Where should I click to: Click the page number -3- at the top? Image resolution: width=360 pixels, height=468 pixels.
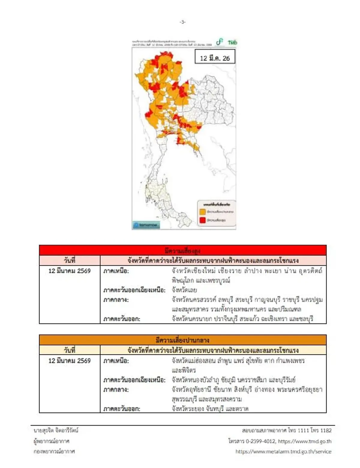click(x=182, y=22)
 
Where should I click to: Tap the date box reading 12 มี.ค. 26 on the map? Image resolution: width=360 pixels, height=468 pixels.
click(x=215, y=58)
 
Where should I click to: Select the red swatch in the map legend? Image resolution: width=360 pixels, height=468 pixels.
click(x=202, y=220)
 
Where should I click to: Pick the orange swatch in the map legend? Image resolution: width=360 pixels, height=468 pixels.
click(x=202, y=212)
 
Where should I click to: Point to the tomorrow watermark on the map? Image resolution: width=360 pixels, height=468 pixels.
click(x=146, y=225)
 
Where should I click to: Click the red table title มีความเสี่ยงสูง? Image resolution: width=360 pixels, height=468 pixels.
click(x=182, y=250)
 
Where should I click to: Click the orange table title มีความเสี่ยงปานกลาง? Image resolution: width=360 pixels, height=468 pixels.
click(x=182, y=340)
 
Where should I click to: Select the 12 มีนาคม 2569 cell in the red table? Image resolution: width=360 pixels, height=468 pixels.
click(x=70, y=271)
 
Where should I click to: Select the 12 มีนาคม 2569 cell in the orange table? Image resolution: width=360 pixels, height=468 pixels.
click(x=70, y=361)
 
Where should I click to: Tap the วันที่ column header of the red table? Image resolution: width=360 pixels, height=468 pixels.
click(x=70, y=260)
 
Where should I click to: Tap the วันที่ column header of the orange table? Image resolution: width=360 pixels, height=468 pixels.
click(x=70, y=350)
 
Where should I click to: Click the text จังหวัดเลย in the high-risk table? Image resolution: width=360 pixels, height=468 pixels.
click(x=184, y=290)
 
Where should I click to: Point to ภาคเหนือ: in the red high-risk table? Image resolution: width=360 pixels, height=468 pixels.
click(x=116, y=271)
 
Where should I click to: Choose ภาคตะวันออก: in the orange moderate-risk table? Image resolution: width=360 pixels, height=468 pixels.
click(x=121, y=409)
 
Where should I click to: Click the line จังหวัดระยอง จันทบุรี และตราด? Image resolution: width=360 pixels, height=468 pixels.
click(x=210, y=409)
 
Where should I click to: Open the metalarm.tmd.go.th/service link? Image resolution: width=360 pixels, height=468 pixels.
click(x=283, y=451)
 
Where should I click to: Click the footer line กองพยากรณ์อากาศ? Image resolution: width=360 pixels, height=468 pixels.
click(x=54, y=451)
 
